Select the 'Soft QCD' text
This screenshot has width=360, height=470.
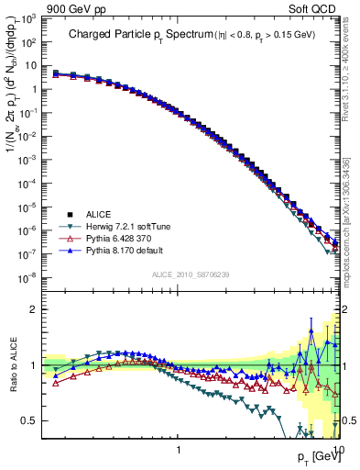pos(314,7)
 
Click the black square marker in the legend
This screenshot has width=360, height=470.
pos(69,213)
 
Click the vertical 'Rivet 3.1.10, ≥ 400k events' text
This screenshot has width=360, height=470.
pos(350,73)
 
